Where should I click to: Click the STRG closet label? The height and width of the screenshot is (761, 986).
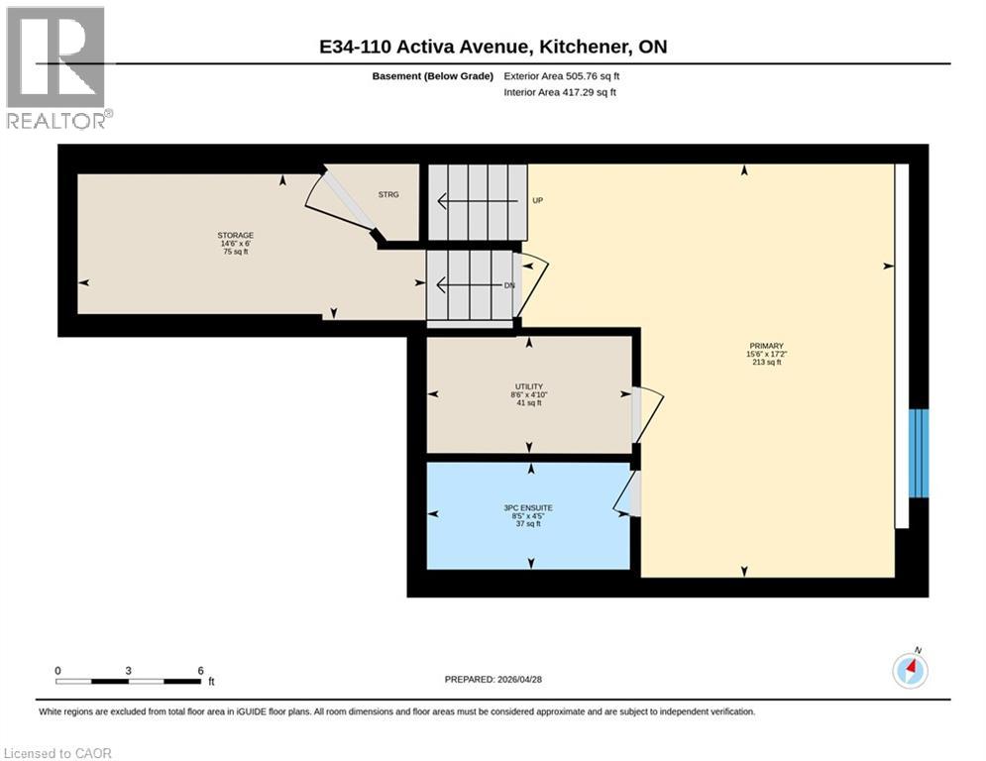point(388,194)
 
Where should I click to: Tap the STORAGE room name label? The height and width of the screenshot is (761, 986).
point(235,235)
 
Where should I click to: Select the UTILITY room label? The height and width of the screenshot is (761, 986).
point(528,386)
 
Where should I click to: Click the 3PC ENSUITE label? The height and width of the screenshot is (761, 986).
point(528,507)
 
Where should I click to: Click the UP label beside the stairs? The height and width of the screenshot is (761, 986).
point(538,200)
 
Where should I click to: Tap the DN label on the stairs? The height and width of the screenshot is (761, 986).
point(508,285)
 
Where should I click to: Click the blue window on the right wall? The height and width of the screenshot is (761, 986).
point(920,453)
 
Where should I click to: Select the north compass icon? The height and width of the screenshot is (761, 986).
point(910,671)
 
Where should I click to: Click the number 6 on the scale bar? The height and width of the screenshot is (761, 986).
point(201,670)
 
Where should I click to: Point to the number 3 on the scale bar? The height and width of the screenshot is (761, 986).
point(129,670)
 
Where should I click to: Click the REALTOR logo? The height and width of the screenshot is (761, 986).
point(56,67)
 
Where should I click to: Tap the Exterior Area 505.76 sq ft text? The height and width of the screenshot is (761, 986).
point(562,76)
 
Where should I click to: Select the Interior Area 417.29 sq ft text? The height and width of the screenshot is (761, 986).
point(560,92)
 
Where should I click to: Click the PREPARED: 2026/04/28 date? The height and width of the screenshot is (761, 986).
point(493,679)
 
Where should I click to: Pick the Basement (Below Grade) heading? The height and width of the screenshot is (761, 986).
point(432,76)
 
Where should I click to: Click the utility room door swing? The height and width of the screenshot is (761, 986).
point(647,413)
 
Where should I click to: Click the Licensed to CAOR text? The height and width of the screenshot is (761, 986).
point(58,753)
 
